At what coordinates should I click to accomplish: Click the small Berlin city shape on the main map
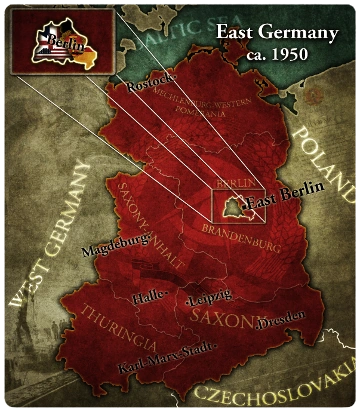pos(232,205)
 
